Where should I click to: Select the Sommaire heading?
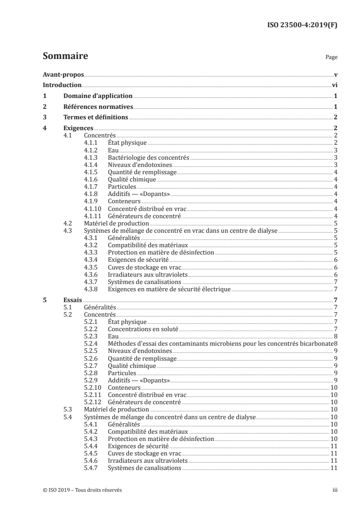point(65,57)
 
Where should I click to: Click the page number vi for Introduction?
point(334,85)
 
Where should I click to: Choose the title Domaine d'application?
point(98,96)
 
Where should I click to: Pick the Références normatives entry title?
point(98,107)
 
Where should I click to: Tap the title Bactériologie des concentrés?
point(148,158)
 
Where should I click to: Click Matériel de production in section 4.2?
point(117,224)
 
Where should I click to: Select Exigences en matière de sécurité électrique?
point(169,289)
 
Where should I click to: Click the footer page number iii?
point(335,490)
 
